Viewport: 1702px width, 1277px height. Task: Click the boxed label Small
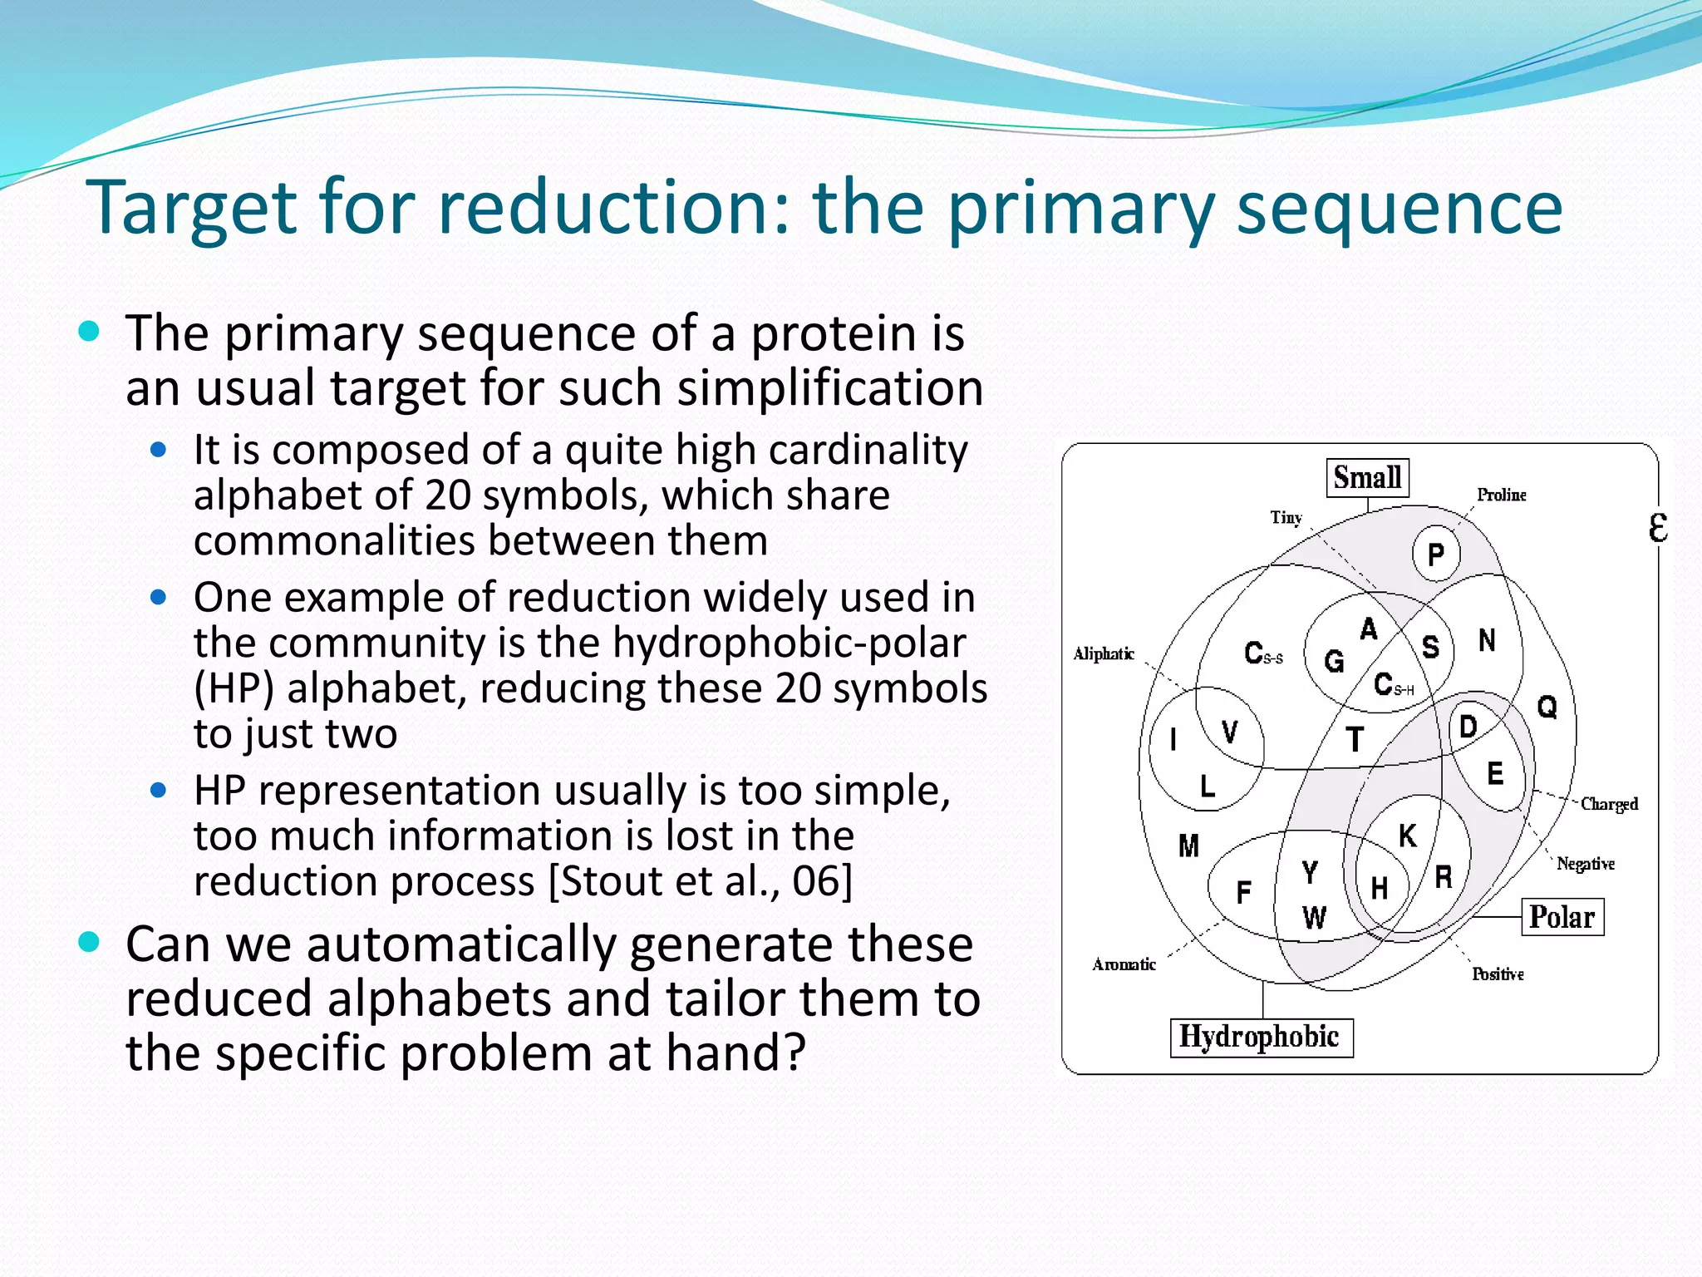coord(1367,478)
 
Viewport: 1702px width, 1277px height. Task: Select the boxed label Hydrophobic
coord(1260,1037)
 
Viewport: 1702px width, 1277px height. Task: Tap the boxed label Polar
coord(1562,917)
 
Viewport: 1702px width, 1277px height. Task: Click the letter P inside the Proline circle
coord(1436,555)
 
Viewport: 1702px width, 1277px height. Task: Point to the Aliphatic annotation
coord(1104,654)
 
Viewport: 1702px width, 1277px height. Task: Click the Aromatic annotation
coord(1124,964)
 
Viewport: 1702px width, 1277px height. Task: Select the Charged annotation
coord(1609,804)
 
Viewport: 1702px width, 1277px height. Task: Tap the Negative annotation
coord(1585,864)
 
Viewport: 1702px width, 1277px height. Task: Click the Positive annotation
coord(1498,974)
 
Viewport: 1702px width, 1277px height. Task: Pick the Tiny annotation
coord(1286,518)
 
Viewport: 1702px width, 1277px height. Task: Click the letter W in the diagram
coord(1314,918)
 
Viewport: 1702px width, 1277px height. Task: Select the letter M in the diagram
coord(1188,846)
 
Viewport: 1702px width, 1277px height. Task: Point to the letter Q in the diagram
coord(1547,708)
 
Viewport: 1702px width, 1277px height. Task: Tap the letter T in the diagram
coord(1355,739)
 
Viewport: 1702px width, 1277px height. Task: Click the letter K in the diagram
coord(1407,836)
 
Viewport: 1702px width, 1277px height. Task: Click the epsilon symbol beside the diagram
coord(1657,527)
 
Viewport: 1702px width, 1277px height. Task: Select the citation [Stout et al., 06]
coord(701,881)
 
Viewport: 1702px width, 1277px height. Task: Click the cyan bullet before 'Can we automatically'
coord(89,943)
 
